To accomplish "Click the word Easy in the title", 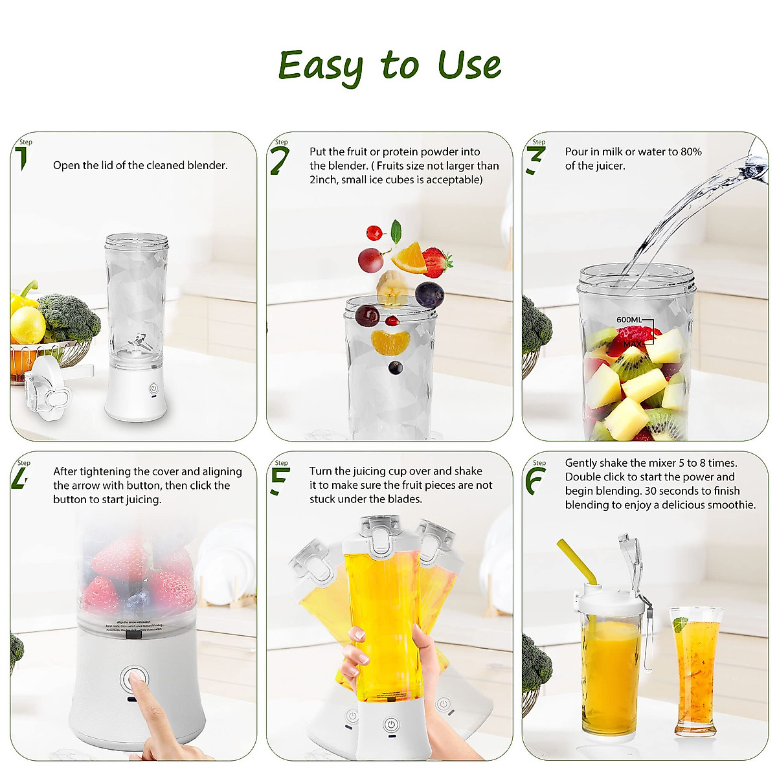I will pos(321,66).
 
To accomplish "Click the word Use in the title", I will pos(469,66).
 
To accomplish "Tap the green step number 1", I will pos(22,158).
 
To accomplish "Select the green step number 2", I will pos(279,161).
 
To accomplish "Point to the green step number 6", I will pos(535,480).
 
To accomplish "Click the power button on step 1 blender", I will pos(153,388).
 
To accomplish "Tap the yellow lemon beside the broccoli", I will pos(27,324).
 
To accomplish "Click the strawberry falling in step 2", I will pos(438,262).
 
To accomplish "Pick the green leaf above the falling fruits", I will pos(396,231).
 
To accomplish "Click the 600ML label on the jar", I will pos(629,320).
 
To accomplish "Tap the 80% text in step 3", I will pos(691,152).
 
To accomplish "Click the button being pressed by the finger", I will pos(134,679).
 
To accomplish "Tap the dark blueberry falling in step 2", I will pos(429,294).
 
